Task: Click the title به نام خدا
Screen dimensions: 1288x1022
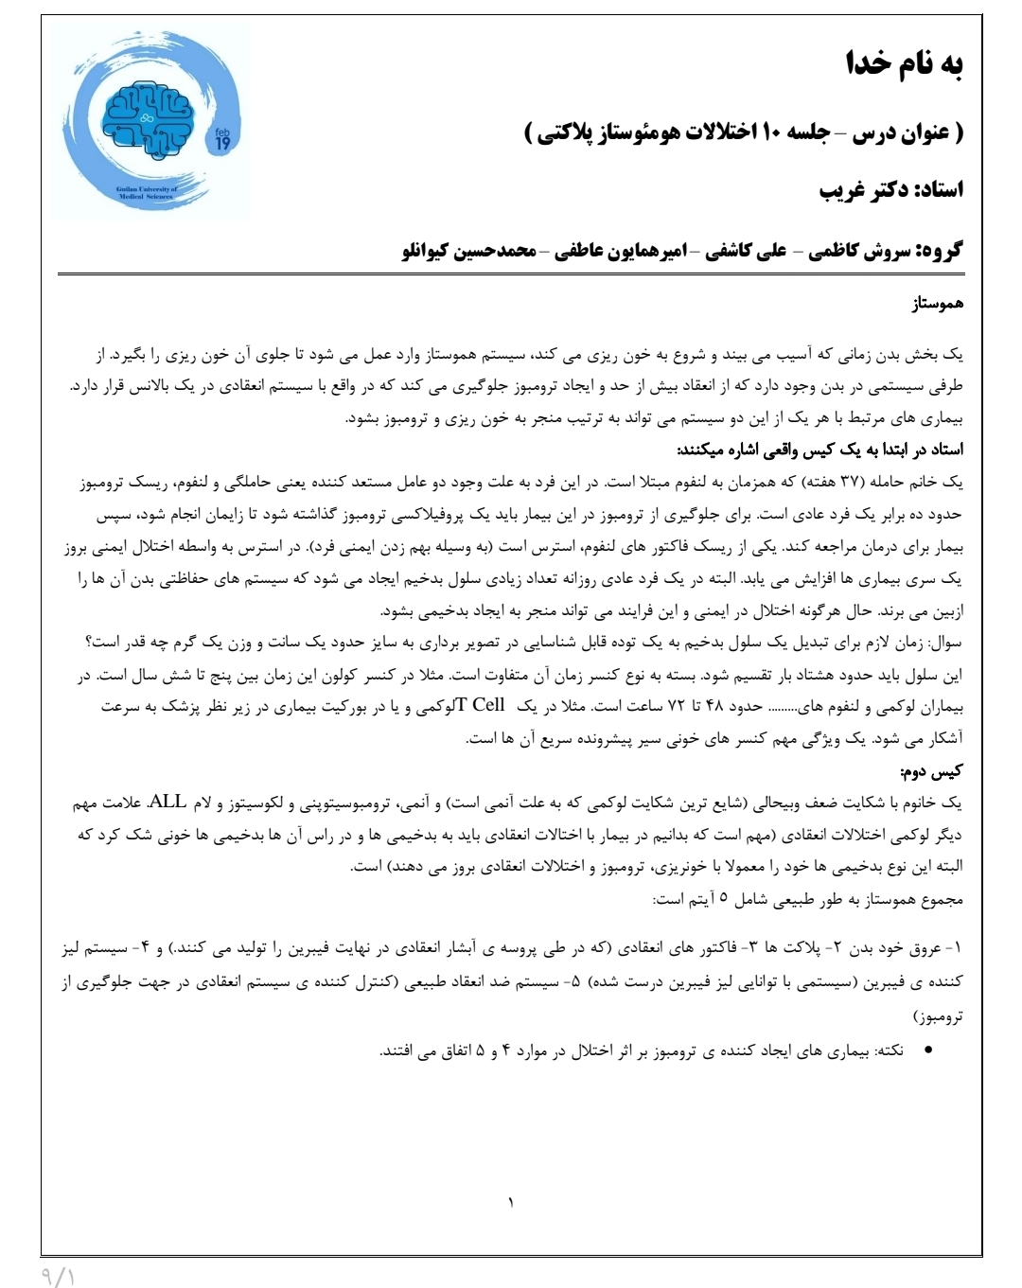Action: point(904,64)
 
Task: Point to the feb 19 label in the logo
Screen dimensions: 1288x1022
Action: point(222,140)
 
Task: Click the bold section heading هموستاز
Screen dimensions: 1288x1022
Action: point(937,305)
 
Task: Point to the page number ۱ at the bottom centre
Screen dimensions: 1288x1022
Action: point(511,1204)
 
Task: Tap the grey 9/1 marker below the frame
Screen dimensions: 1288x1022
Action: point(59,1276)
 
